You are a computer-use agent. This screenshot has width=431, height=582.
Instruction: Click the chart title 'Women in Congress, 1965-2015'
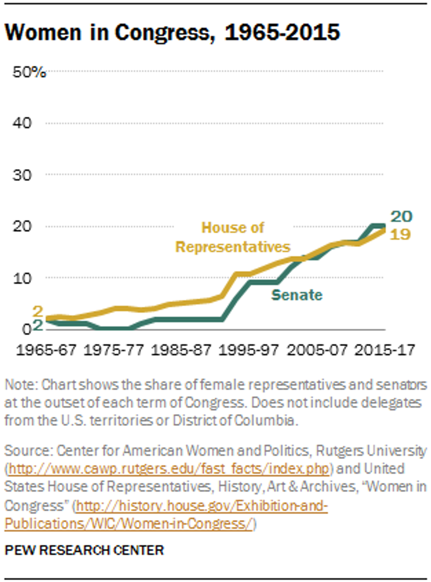[x=172, y=33]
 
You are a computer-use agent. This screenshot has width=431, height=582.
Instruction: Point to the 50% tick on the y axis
[x=29, y=72]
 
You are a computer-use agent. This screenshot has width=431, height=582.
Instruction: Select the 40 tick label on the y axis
[x=22, y=123]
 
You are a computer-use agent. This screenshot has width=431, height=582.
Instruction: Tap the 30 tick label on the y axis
[x=22, y=175]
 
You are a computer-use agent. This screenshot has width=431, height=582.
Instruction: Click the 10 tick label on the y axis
[x=22, y=278]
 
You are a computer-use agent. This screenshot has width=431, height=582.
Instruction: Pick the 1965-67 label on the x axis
[x=46, y=350]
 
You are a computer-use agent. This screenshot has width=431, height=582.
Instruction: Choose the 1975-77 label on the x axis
[x=114, y=350]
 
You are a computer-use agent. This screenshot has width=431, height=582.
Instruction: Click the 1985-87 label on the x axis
[x=181, y=350]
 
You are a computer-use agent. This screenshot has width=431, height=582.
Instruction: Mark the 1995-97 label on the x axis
[x=249, y=350]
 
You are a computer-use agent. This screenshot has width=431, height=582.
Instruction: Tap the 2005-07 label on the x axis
[x=317, y=350]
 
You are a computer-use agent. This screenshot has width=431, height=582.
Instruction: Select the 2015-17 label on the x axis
[x=385, y=350]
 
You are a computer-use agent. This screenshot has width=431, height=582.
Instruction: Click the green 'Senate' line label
[x=297, y=295]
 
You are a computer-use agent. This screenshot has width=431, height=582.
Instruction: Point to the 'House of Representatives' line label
[x=233, y=237]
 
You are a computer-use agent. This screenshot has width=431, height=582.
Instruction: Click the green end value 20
[x=402, y=216]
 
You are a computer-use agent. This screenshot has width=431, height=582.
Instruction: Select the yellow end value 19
[x=400, y=234]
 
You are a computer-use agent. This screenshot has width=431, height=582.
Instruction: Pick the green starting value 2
[x=38, y=325]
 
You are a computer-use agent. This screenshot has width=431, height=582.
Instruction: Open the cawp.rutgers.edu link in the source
[x=169, y=469]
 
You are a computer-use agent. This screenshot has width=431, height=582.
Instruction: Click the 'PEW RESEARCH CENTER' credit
[x=84, y=550]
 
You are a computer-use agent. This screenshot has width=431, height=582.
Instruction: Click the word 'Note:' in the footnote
[x=21, y=385]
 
